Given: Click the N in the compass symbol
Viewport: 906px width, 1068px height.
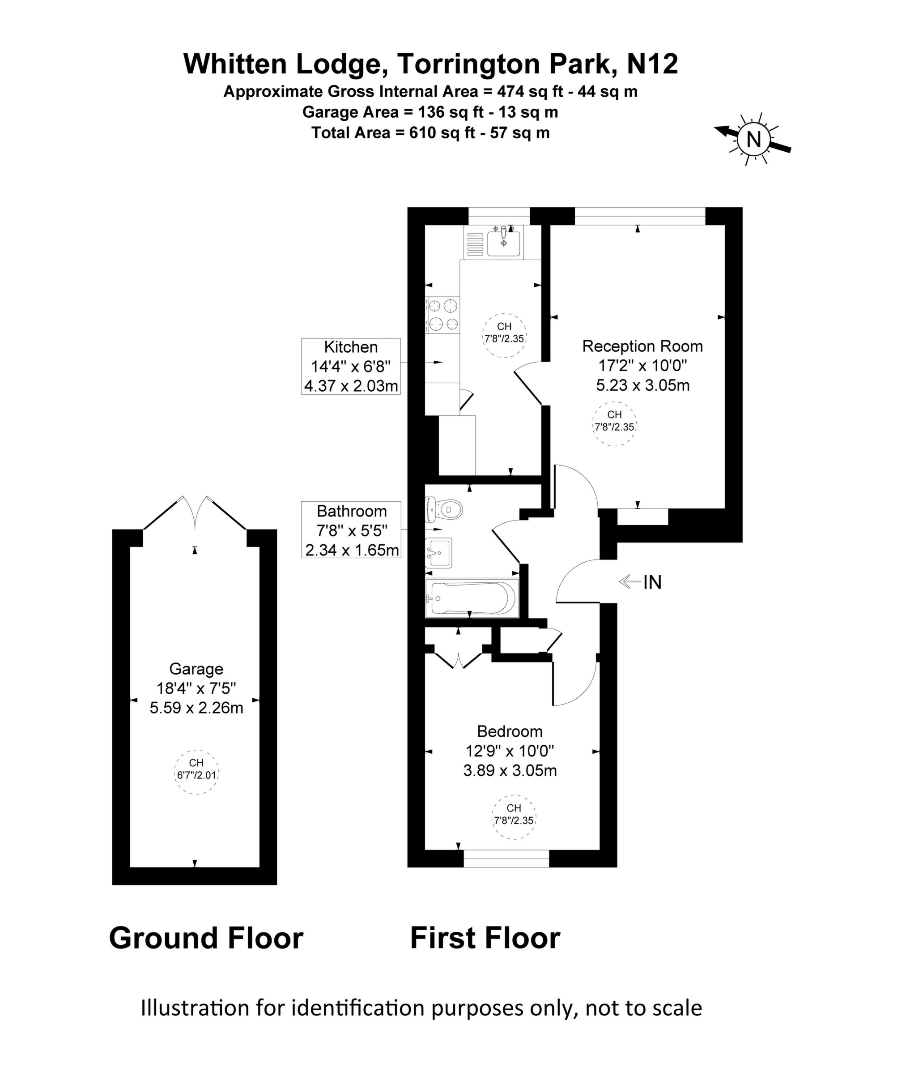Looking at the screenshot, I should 753,139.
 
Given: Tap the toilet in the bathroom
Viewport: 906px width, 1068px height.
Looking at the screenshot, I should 445,509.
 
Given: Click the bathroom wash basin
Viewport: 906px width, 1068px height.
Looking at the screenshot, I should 438,553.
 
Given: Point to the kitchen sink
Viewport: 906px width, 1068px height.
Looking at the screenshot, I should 503,243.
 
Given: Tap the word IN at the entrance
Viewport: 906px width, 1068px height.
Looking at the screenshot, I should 652,582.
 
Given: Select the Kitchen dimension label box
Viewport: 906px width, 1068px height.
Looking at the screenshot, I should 351,366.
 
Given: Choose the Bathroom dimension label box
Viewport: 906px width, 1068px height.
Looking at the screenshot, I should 351,530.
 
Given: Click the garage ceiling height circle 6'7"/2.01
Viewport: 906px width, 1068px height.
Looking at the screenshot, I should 196,772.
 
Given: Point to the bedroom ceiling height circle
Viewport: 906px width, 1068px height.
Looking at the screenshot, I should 514,817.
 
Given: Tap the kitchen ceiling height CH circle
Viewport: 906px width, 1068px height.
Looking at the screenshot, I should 504,335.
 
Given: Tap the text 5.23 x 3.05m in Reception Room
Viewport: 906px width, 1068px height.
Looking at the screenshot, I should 642,385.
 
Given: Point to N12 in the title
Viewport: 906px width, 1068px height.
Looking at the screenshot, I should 652,64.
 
